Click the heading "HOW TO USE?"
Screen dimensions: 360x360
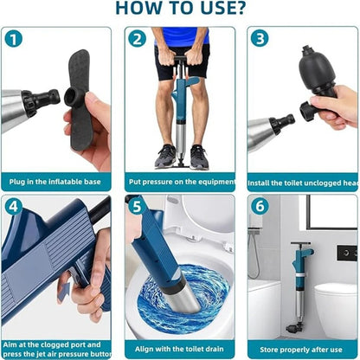[x=179, y=9]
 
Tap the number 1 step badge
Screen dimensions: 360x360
[x=14, y=39]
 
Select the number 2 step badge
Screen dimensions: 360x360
[x=137, y=39]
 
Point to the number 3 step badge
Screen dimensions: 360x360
[x=260, y=39]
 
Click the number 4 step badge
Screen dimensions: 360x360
[x=14, y=208]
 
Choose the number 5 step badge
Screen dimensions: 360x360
[x=137, y=208]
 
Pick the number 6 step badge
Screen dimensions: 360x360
[x=260, y=208]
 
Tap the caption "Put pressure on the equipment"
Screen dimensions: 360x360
[x=179, y=183]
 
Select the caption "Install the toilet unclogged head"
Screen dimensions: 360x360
[x=303, y=183]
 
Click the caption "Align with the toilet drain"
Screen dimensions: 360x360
[x=179, y=350]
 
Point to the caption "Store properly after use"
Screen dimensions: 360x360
[x=303, y=350]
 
